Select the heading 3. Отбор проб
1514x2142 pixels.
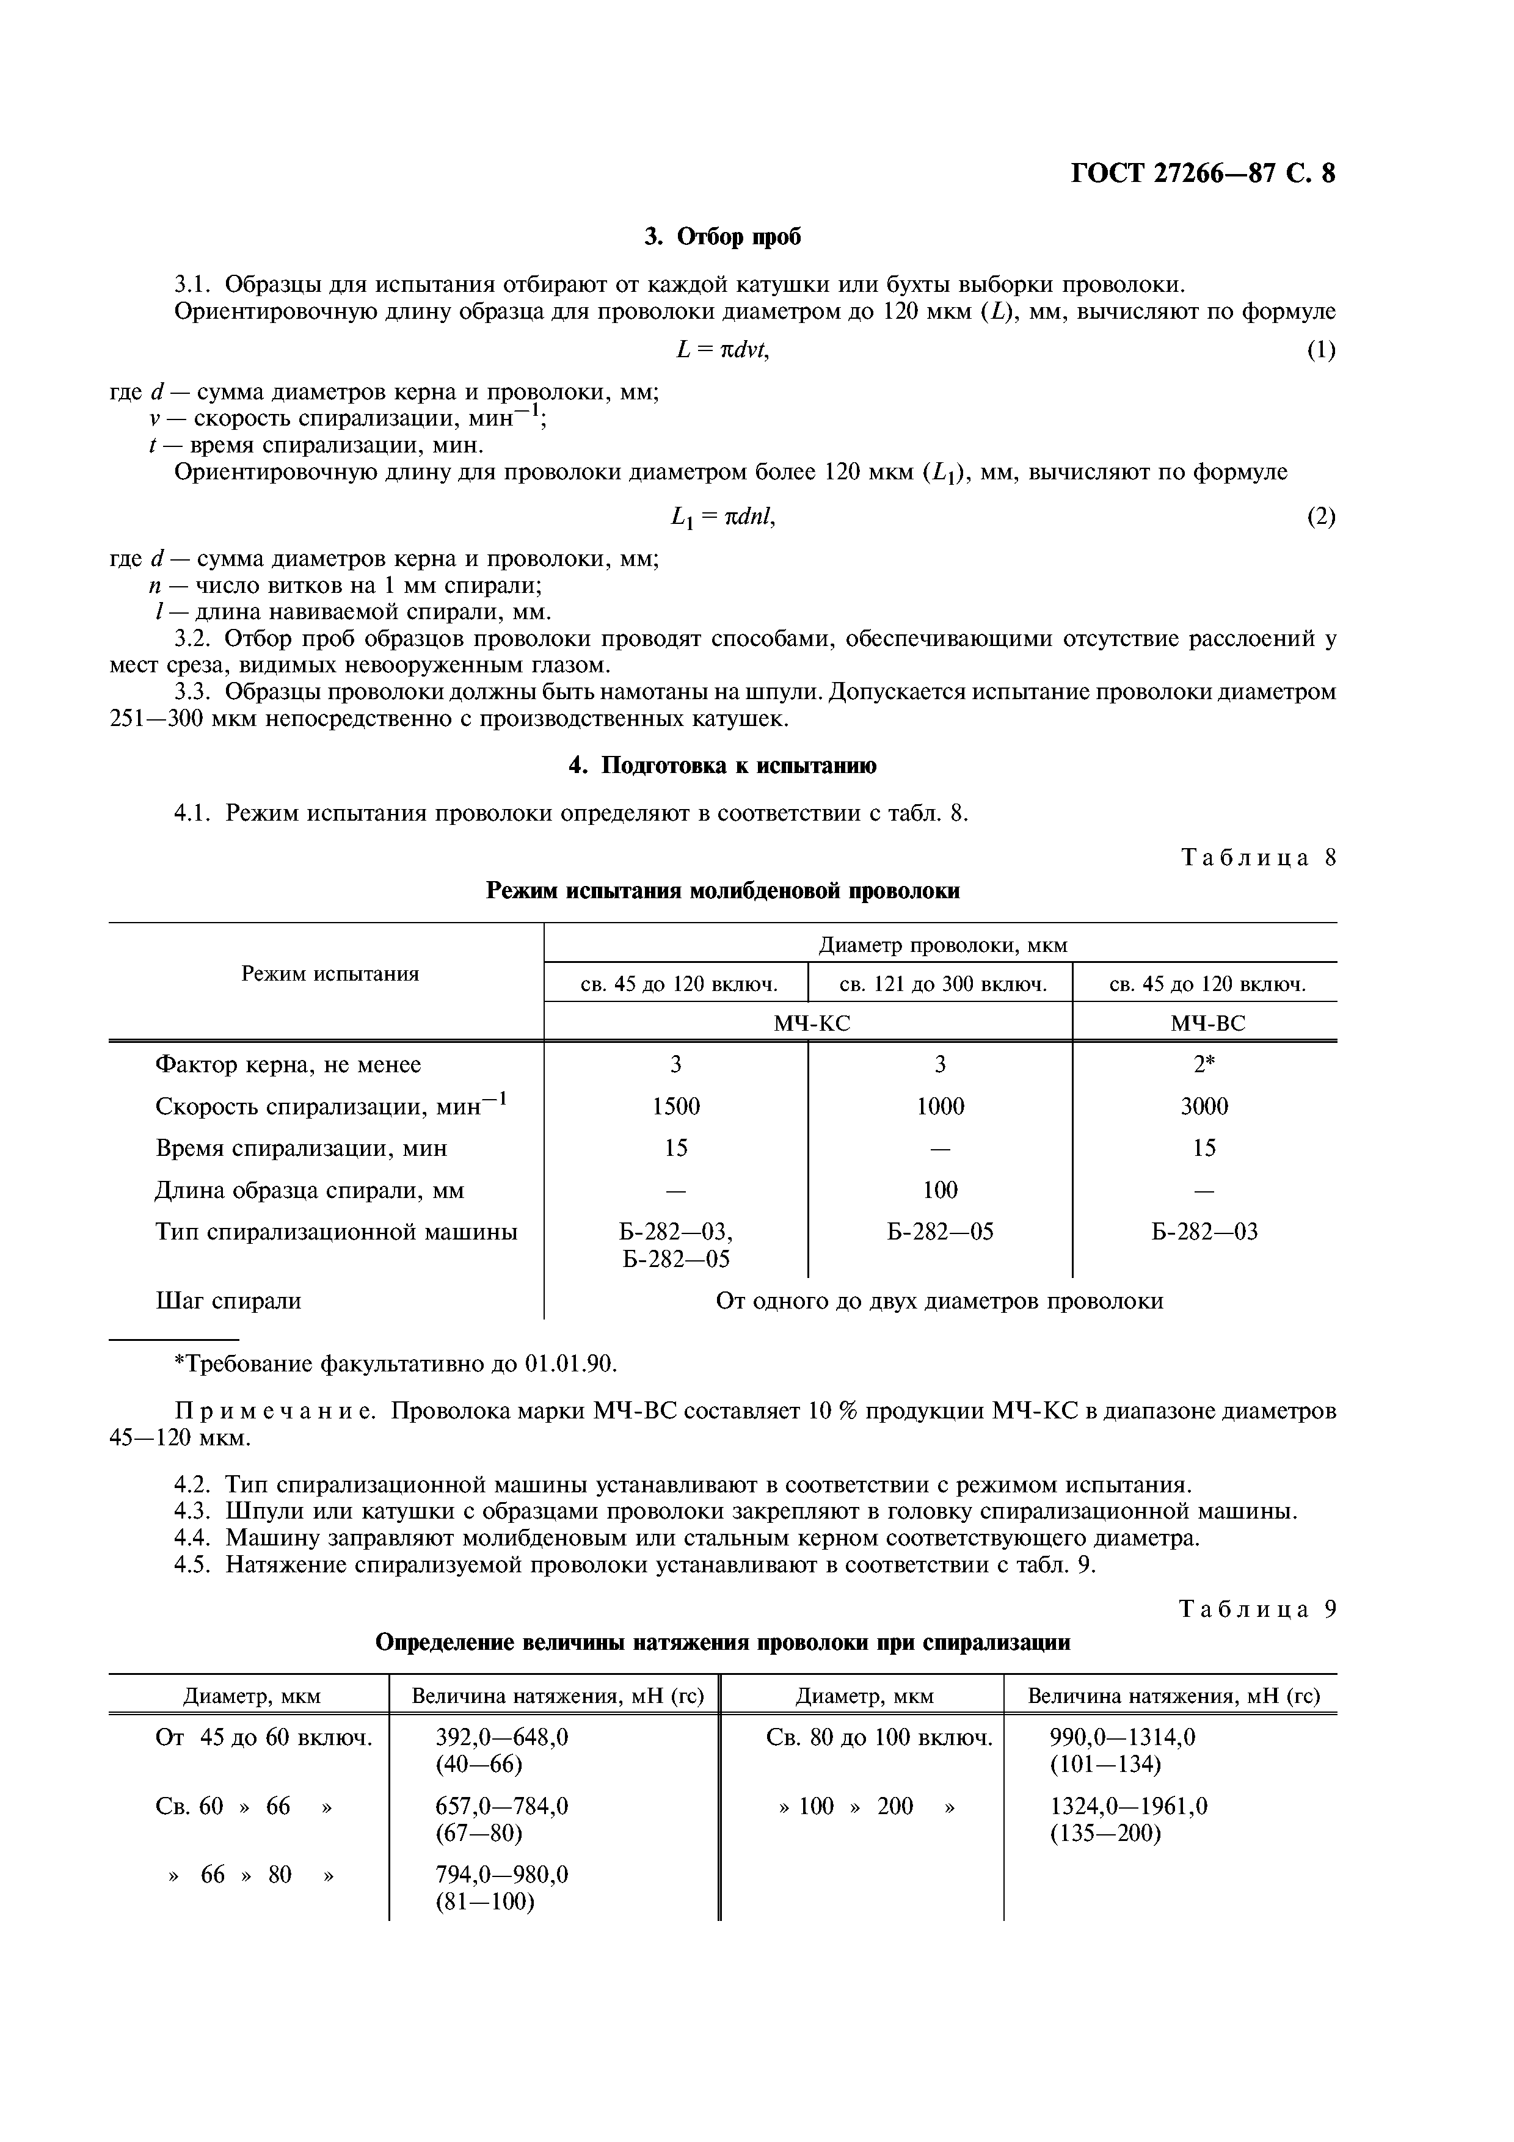[723, 237]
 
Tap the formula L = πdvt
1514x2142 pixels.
[723, 350]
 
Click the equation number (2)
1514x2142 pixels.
[1320, 516]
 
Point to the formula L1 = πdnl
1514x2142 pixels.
[723, 516]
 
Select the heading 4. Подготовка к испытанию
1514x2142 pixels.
[723, 766]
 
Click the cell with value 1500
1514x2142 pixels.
[675, 1106]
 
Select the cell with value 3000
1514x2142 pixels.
[1204, 1106]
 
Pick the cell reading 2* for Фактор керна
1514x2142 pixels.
[1204, 1064]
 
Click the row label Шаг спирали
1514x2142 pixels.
[228, 1301]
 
